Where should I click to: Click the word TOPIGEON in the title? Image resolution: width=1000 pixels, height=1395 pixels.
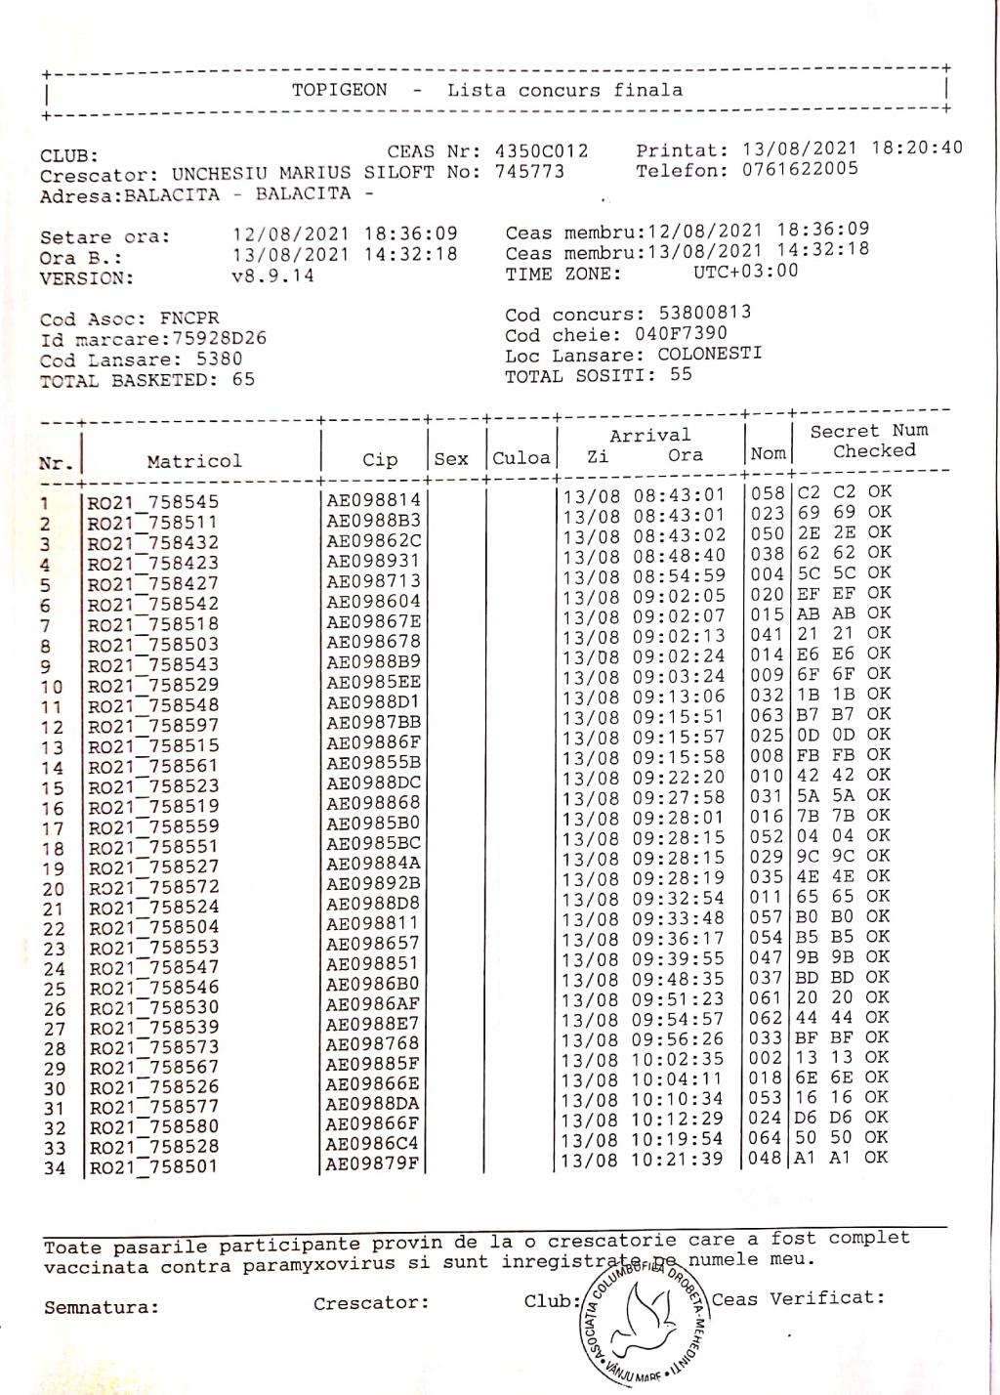339,91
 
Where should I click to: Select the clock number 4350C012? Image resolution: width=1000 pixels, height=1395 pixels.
542,151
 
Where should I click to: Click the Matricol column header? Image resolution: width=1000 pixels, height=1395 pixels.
194,461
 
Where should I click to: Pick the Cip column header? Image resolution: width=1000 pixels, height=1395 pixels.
380,460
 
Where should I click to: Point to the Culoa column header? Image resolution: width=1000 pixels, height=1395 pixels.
521,458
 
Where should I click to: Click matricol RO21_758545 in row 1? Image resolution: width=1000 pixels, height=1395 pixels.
153,503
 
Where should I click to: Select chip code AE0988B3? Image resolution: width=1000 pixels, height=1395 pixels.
373,521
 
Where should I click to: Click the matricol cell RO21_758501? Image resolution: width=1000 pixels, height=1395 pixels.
153,1167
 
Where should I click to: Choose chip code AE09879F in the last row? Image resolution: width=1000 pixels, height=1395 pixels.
373,1163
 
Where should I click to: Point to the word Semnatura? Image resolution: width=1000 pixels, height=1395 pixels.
101,1307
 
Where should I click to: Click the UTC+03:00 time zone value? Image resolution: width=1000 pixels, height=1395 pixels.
746,271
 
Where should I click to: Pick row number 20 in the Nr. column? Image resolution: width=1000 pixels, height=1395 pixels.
54,890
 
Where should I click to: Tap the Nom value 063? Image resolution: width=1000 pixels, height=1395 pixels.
768,715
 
